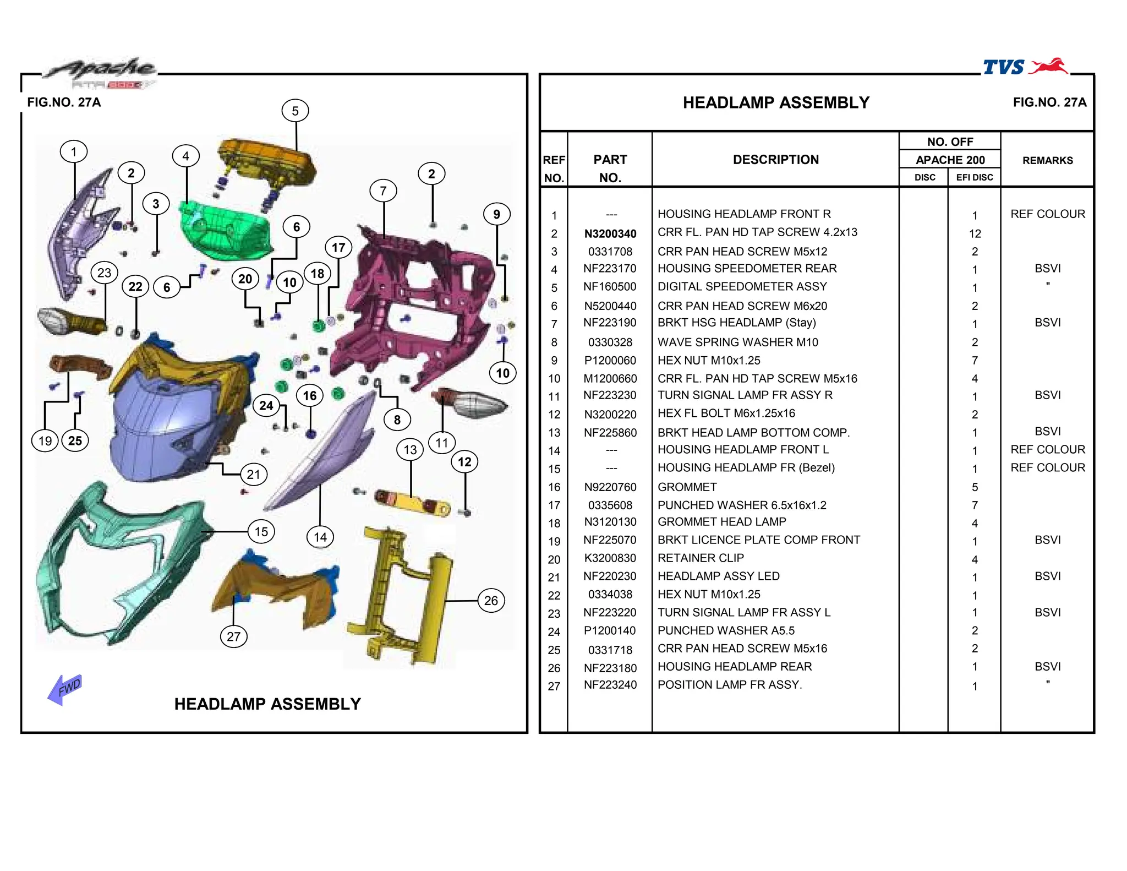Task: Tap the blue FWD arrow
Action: [x=65, y=689]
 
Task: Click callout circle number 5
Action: [x=295, y=111]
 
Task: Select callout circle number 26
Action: [x=491, y=601]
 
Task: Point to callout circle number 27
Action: [x=233, y=637]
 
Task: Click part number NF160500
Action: [x=610, y=287]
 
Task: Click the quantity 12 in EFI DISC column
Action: [x=975, y=233]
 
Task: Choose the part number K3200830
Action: [x=610, y=558]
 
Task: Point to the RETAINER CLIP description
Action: [x=701, y=558]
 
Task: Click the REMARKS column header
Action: [x=1047, y=160]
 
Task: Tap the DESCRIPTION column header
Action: [x=775, y=160]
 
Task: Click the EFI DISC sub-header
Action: [x=974, y=177]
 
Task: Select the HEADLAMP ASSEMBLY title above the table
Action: [x=776, y=103]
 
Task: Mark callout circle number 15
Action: [x=261, y=532]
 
